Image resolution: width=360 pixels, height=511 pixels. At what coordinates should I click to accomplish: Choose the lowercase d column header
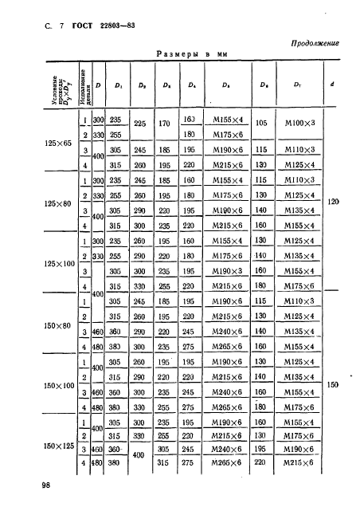pyautogui.click(x=334, y=84)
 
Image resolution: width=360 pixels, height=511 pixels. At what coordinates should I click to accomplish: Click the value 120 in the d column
pyautogui.click(x=334, y=202)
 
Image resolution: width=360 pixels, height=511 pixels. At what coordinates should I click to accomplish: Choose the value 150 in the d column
pyautogui.click(x=334, y=384)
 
